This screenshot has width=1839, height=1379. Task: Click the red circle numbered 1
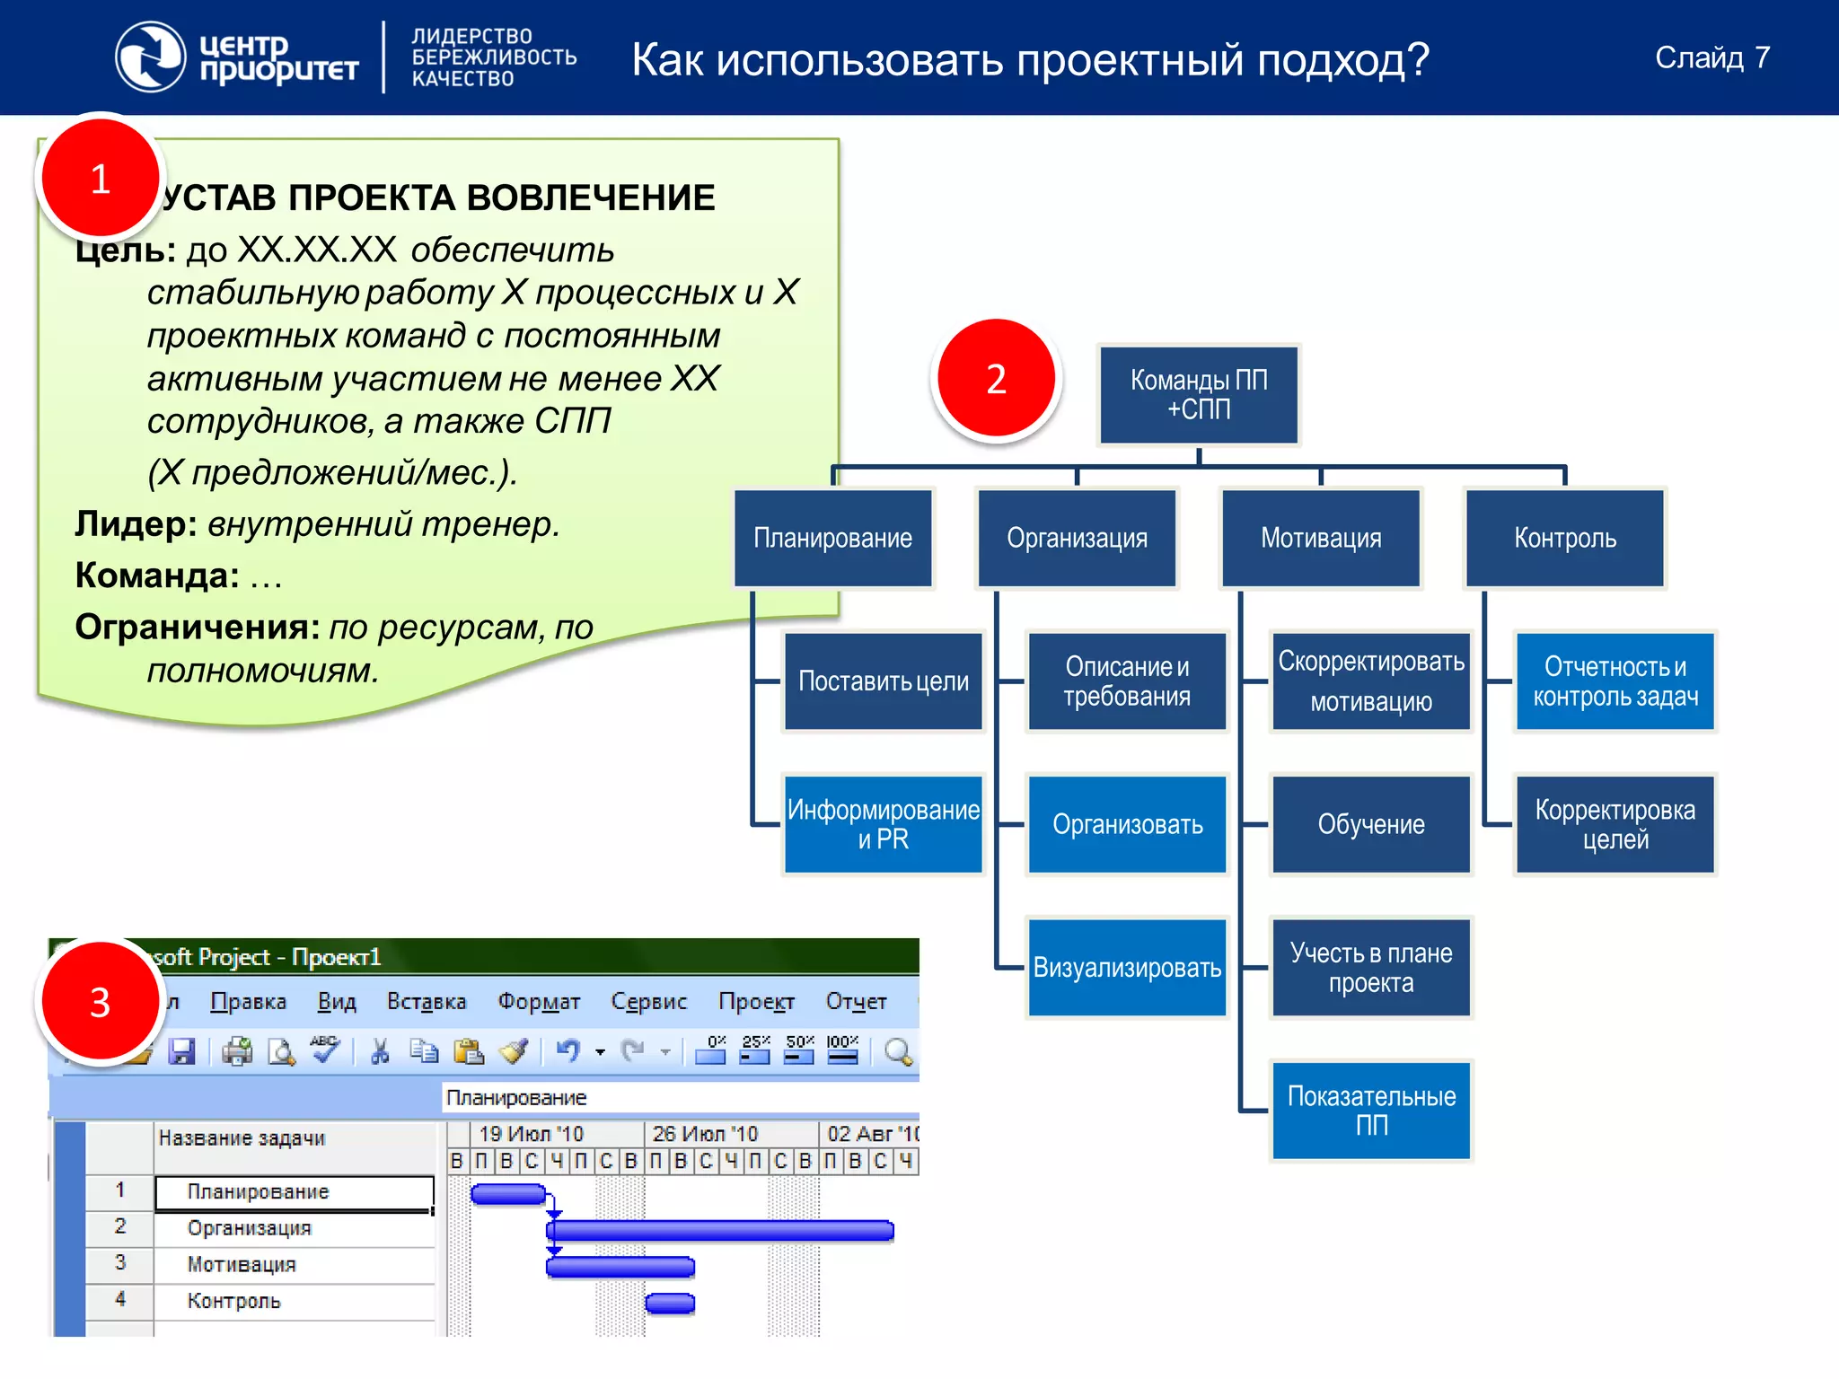click(x=100, y=179)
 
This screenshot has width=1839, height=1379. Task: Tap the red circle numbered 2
click(x=996, y=379)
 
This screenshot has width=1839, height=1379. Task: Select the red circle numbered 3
click(x=100, y=1002)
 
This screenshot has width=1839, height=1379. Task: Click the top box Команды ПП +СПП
click(x=1198, y=395)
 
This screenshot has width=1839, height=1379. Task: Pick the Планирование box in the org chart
click(x=832, y=538)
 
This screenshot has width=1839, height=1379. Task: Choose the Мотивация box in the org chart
click(x=1320, y=538)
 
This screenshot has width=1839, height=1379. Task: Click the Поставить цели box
click(x=883, y=681)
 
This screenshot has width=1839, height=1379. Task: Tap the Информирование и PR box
click(x=883, y=824)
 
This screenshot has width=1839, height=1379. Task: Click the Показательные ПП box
click(x=1370, y=1111)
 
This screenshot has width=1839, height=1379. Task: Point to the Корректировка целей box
click(x=1615, y=824)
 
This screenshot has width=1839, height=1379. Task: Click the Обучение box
click(x=1370, y=824)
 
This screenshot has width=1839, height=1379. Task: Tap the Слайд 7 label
click(x=1711, y=57)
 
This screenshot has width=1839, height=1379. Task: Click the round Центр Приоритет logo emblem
click(x=150, y=57)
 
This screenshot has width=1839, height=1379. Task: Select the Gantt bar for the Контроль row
click(x=670, y=1303)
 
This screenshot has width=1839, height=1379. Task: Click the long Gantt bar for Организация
click(x=720, y=1230)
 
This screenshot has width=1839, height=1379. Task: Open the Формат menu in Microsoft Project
click(x=539, y=1001)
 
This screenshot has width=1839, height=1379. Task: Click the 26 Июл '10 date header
click(x=705, y=1134)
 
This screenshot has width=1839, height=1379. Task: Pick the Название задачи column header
click(x=242, y=1138)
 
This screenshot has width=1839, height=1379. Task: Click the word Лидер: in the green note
click(x=136, y=524)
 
